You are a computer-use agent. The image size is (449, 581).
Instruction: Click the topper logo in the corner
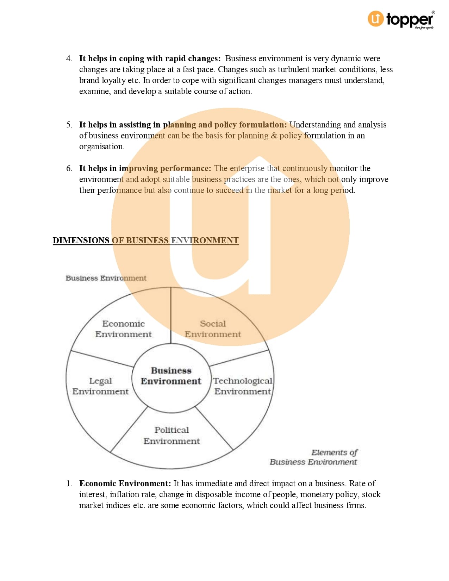(x=400, y=20)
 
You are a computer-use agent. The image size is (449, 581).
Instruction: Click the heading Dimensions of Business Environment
(x=146, y=240)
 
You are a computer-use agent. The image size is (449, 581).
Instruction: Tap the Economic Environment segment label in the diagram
(x=123, y=329)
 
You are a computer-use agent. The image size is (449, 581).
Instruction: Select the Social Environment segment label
(x=213, y=329)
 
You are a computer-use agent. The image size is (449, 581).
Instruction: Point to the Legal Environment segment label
(x=100, y=386)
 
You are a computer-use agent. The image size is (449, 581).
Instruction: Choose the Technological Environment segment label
(x=243, y=386)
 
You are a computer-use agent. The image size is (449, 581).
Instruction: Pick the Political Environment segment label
(x=172, y=435)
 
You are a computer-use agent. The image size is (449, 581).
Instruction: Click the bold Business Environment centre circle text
(x=171, y=376)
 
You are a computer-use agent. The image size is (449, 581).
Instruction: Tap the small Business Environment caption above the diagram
(x=106, y=278)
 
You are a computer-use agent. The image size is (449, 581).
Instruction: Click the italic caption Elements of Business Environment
(x=314, y=457)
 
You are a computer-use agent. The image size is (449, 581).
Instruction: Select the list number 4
(x=69, y=58)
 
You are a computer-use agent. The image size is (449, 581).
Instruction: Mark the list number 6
(x=69, y=168)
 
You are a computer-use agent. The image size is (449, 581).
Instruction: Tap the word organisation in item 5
(x=101, y=146)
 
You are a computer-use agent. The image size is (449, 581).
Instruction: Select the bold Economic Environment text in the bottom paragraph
(x=125, y=483)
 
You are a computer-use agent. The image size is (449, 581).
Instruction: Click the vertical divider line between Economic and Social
(x=171, y=315)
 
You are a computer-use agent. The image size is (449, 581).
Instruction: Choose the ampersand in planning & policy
(x=274, y=136)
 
